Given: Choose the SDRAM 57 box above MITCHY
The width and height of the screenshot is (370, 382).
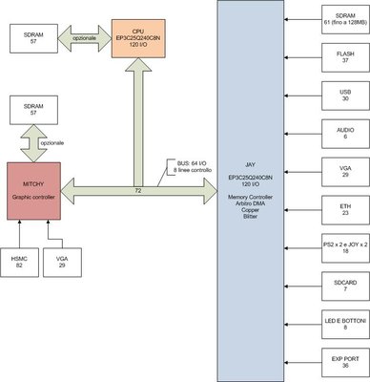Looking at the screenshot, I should click(x=35, y=108).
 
